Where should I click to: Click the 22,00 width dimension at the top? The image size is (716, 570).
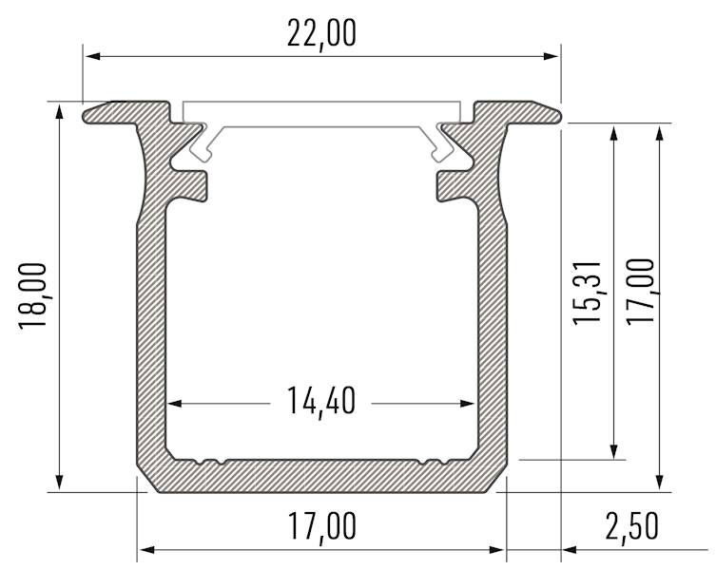tap(321, 33)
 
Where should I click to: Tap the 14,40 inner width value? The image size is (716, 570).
tap(321, 402)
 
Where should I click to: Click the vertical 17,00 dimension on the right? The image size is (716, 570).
tap(642, 291)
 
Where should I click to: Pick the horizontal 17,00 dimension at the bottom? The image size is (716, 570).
tap(321, 525)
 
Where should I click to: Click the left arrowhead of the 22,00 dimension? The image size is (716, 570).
tap(91, 57)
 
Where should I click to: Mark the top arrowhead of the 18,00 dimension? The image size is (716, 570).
tap(60, 110)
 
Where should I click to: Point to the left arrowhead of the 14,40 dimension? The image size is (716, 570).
tap(175, 403)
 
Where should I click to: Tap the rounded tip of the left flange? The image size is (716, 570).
tap(87, 114)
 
